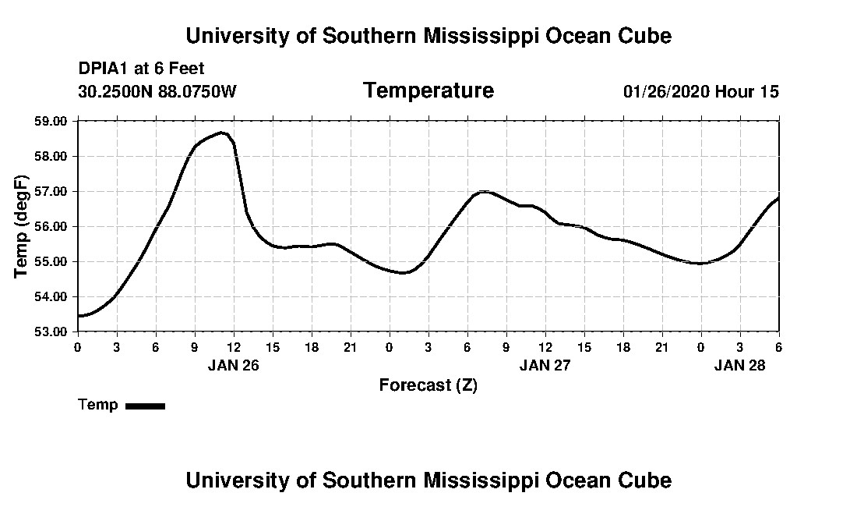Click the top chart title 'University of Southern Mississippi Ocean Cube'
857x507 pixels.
428,36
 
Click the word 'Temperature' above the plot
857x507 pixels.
428,90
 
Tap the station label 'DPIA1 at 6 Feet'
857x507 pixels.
141,69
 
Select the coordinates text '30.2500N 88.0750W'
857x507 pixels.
157,91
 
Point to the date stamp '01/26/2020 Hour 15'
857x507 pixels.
700,91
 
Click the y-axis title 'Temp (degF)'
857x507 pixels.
23,226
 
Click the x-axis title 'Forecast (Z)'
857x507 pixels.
428,385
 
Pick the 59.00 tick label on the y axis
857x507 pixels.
52,122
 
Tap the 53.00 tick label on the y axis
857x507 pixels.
52,331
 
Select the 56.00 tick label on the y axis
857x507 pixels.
52,226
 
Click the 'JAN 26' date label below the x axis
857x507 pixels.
233,365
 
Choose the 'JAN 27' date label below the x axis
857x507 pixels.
545,365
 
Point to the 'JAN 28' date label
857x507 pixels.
740,365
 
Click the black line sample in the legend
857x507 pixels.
146,406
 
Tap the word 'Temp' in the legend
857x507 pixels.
98,405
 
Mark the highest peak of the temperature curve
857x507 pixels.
222,133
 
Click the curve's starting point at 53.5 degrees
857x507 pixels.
79,315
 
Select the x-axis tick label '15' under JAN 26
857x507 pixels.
273,346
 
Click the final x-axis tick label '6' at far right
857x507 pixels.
778,346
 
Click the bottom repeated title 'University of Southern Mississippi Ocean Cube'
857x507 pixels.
428,480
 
